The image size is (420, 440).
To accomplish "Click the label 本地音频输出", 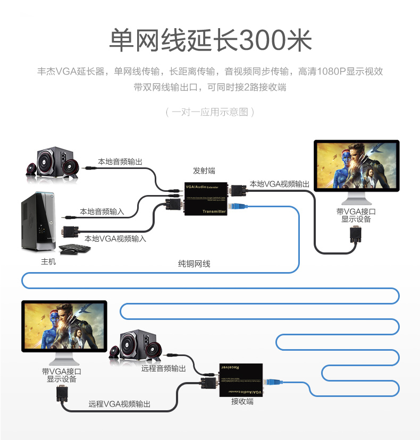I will tap(120, 162).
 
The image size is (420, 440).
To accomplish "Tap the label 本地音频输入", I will tap(102, 211).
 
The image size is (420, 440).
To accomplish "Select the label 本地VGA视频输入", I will tap(115, 239).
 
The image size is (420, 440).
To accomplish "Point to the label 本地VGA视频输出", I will tap(280, 184).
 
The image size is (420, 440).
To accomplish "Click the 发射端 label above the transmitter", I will tap(204, 171).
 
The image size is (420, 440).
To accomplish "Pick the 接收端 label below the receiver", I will tap(242, 401).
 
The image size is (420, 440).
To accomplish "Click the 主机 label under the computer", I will tap(48, 261).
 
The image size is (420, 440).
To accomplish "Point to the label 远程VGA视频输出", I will tap(120, 404).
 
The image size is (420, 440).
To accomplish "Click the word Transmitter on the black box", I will tap(214, 211).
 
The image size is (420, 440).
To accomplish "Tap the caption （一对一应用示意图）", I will tap(210, 112).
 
